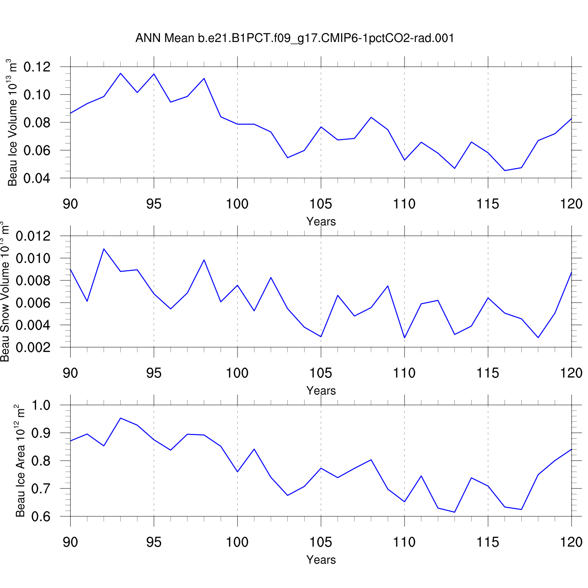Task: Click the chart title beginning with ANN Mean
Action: click(294, 38)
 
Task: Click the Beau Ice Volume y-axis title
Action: click(13, 123)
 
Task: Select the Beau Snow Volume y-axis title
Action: click(5, 292)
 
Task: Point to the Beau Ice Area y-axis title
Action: click(20, 461)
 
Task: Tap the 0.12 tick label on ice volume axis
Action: click(37, 67)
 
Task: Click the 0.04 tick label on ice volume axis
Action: click(37, 178)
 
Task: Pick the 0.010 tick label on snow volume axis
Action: click(33, 258)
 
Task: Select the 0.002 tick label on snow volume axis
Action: click(33, 347)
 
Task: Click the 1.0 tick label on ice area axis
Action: click(41, 405)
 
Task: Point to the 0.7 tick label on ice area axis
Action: click(41, 489)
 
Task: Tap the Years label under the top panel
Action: click(321, 221)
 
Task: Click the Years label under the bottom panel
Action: click(321, 560)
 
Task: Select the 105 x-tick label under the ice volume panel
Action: click(321, 204)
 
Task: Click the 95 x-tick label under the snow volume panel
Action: click(154, 373)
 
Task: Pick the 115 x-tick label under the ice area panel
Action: click(488, 542)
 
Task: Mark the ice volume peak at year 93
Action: click(120, 73)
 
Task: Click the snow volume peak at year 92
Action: click(104, 249)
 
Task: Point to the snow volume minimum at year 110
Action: click(405, 338)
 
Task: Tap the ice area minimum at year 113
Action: click(455, 512)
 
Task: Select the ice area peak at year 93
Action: click(120, 418)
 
